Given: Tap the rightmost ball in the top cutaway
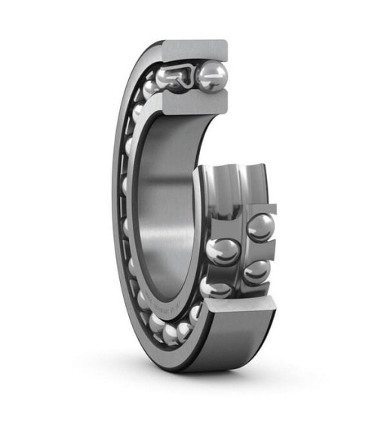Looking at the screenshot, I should [212, 76].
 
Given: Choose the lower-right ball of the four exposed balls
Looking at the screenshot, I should [256, 271].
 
